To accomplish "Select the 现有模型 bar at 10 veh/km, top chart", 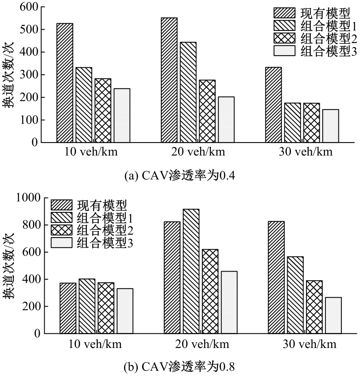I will [65, 83].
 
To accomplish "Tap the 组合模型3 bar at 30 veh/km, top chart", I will [330, 126].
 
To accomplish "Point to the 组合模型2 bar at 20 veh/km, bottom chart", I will [210, 292].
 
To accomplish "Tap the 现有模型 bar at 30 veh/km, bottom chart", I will [276, 277].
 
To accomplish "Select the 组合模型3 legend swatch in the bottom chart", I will [61, 243].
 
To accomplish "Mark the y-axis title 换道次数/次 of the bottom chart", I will [9, 266].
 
